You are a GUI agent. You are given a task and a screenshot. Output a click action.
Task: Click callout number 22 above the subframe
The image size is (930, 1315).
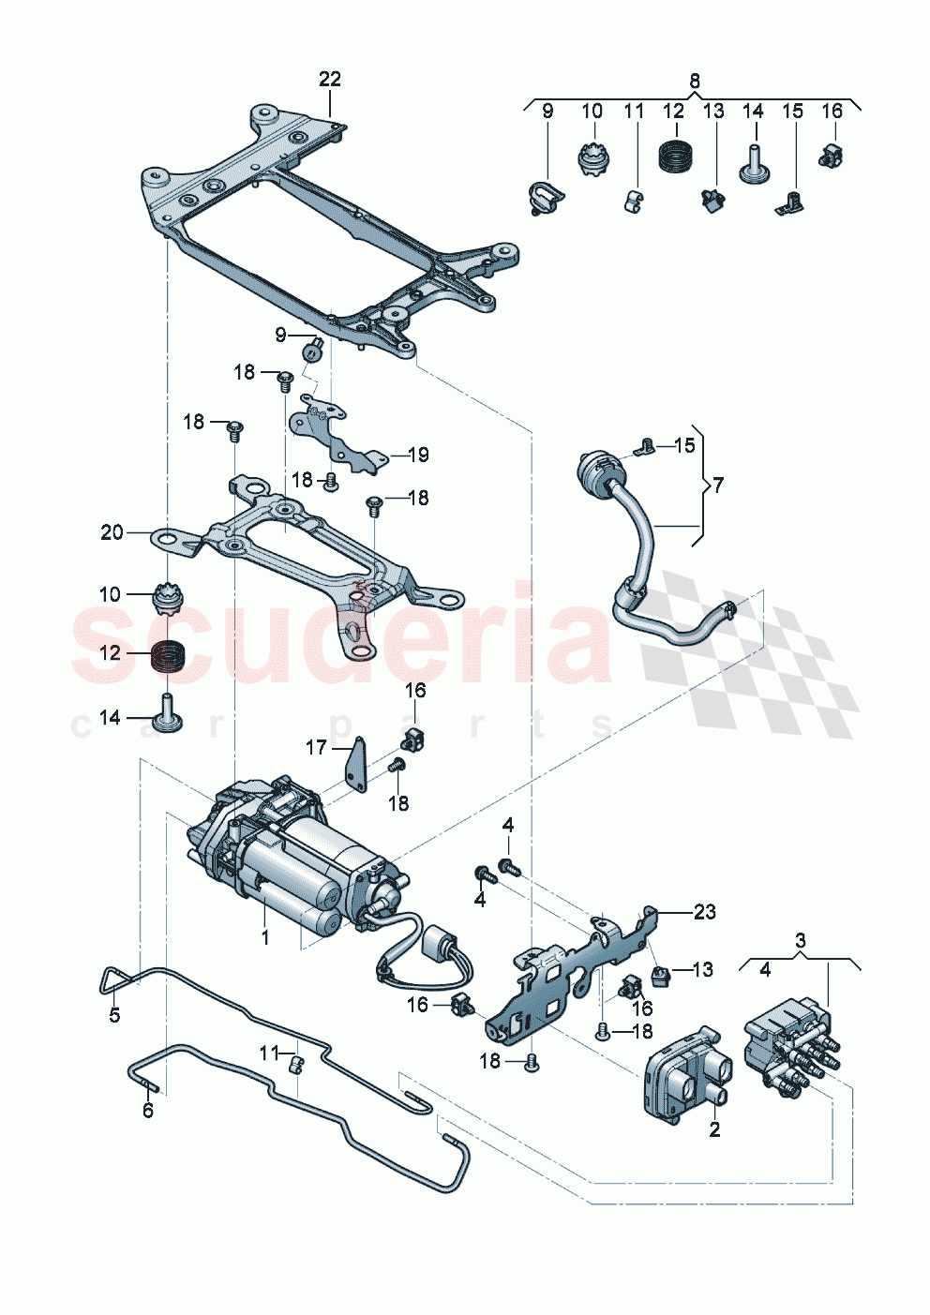pos(330,80)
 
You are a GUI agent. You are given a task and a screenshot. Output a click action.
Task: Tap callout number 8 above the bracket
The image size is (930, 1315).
pos(694,81)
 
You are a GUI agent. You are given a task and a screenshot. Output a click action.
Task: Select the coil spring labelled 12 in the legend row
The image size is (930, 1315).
pos(673,156)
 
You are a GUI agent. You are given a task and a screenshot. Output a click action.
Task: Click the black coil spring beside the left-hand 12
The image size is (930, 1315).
pos(169,654)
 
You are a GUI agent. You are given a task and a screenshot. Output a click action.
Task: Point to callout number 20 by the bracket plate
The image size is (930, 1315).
pos(112,532)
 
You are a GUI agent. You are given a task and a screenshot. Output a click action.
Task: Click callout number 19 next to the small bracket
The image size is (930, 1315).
pos(418,455)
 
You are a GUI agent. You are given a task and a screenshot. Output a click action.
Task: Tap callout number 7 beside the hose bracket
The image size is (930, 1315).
pos(718,485)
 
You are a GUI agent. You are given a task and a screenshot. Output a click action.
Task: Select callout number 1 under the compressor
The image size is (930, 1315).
pos(265,936)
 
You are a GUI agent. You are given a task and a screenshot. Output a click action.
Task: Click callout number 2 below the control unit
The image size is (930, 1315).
pos(714,1130)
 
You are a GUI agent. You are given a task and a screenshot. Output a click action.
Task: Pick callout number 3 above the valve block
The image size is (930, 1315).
pos(800,939)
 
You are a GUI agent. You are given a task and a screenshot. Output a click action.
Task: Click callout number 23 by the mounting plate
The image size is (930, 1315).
pos(704,911)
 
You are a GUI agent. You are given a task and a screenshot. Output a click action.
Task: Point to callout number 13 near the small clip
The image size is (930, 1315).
pos(703,969)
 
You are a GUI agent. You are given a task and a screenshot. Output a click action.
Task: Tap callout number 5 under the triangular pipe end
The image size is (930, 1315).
pos(114,1015)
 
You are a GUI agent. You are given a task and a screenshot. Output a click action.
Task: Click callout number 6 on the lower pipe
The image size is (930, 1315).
pos(147,1111)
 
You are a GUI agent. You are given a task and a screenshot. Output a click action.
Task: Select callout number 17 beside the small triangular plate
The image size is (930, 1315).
pos(316,747)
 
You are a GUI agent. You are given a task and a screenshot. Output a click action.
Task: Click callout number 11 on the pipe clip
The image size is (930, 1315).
pos(270,1053)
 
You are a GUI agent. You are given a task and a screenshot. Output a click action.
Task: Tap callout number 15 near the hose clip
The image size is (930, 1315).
pos(685,444)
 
